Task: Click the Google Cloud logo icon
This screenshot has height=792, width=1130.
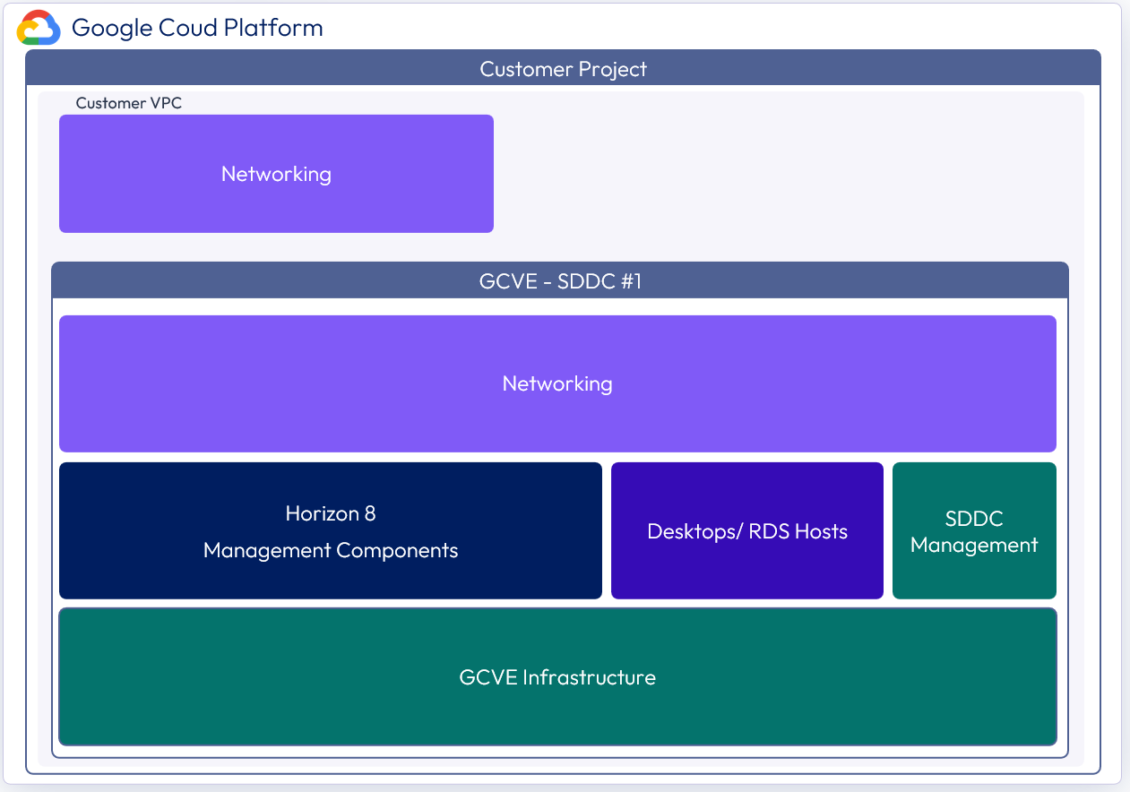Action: (39, 28)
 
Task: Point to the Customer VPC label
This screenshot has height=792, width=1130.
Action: (128, 103)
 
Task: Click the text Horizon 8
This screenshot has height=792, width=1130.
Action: (331, 513)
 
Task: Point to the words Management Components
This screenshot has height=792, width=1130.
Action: (331, 550)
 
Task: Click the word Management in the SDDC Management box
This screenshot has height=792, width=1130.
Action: (974, 545)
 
